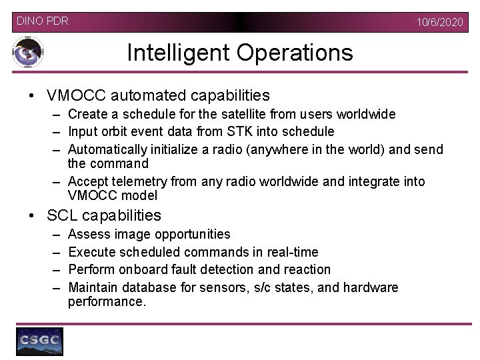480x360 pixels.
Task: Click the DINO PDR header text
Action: (42, 21)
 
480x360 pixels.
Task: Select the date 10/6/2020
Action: (439, 23)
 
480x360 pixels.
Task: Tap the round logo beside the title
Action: (28, 53)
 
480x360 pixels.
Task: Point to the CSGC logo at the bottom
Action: (39, 341)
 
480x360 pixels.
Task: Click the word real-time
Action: (291, 252)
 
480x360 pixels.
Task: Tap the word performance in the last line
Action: (105, 301)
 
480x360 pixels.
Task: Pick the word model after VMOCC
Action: (142, 195)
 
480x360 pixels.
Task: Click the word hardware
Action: (371, 287)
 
